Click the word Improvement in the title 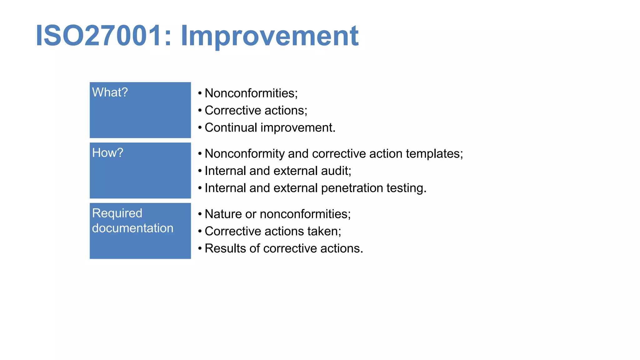point(269,36)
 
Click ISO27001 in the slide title point(99,36)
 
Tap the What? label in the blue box point(110,92)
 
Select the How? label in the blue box point(108,153)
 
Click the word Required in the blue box point(117,213)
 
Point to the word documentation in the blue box point(132,228)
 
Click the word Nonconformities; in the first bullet point(251,93)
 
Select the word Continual point(231,128)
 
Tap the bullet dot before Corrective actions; point(200,110)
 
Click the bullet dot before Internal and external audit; point(200,171)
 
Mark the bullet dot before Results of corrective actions point(200,248)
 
